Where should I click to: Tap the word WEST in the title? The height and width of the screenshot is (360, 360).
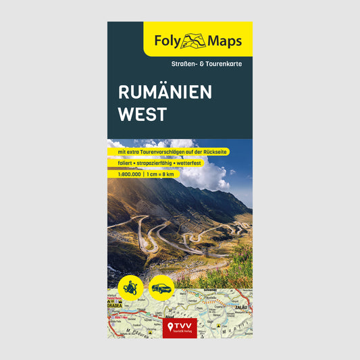[141, 114]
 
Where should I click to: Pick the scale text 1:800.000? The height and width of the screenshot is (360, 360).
[124, 174]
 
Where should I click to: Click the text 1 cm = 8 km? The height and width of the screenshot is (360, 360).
[160, 174]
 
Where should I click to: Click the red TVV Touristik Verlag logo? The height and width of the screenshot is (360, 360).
[180, 328]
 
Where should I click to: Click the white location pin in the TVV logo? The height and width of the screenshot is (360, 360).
[170, 327]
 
